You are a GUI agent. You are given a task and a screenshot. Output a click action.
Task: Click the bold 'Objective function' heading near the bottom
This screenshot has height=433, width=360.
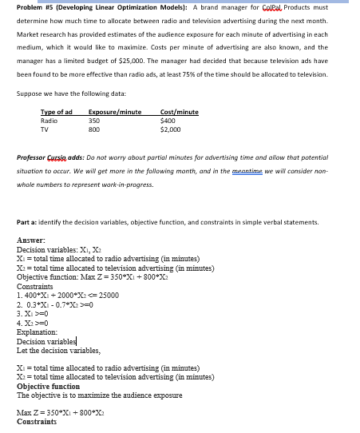(49, 387)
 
